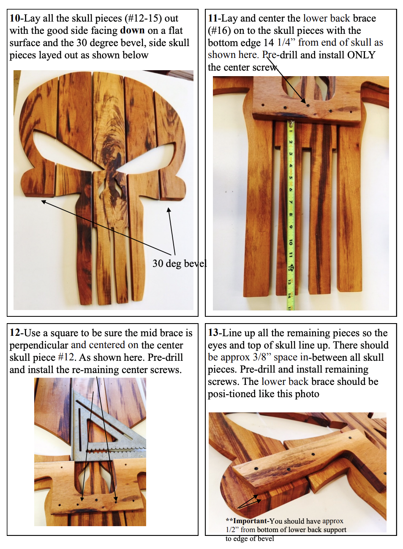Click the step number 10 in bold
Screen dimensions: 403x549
pyautogui.click(x=15, y=18)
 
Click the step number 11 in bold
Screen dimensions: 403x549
pyautogui.click(x=213, y=18)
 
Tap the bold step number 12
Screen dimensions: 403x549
pyautogui.click(x=15, y=333)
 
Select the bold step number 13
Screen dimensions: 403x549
pyautogui.click(x=213, y=333)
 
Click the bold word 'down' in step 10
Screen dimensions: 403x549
pyautogui.click(x=132, y=30)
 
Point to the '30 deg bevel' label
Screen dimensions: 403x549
pyautogui.click(x=180, y=264)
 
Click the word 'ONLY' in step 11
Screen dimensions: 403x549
pyautogui.click(x=361, y=55)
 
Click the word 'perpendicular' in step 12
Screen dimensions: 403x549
pyautogui.click(x=39, y=346)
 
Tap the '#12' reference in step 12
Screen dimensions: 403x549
pyautogui.click(x=66, y=357)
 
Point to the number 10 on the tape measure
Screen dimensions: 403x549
pyautogui.click(x=291, y=242)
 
